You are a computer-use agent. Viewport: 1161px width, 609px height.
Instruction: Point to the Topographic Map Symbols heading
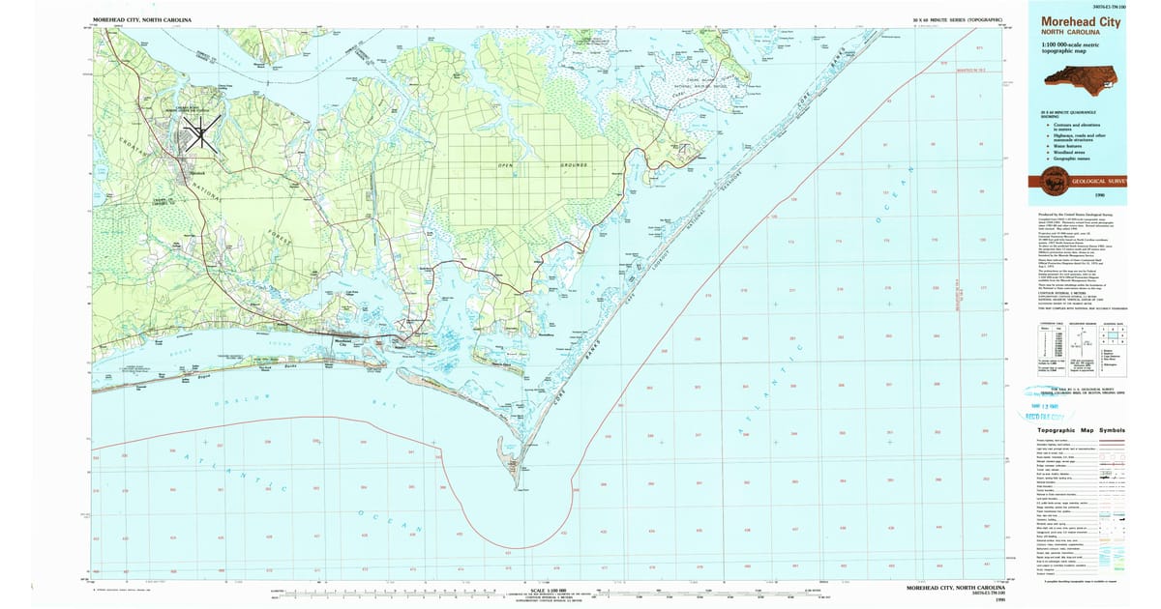pyautogui.click(x=1081, y=430)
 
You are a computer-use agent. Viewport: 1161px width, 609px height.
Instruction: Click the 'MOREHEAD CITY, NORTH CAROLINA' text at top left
pyautogui.click(x=141, y=19)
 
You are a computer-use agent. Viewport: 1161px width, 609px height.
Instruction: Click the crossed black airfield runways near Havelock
pyautogui.click(x=203, y=131)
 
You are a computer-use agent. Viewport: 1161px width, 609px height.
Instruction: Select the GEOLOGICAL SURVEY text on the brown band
pyautogui.click(x=1098, y=180)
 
